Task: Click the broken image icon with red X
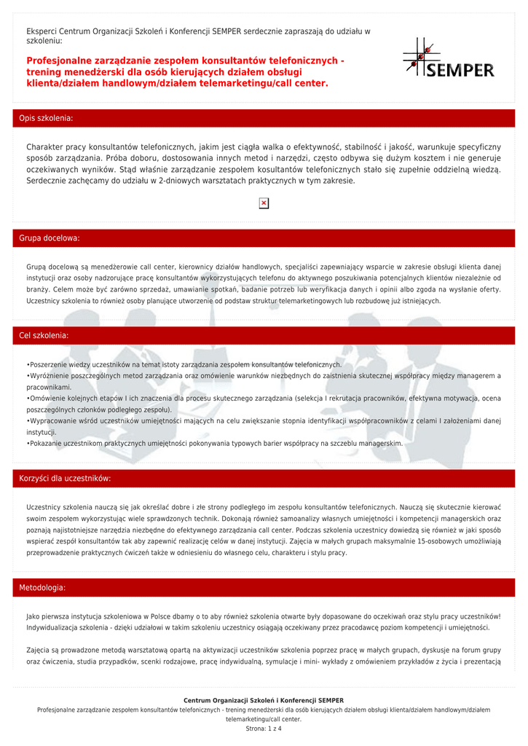click(x=264, y=203)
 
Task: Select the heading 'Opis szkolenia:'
click(x=46, y=118)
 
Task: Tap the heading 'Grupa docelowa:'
click(x=50, y=238)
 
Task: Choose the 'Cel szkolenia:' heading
click(x=44, y=335)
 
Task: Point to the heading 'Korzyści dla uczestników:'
click(x=65, y=479)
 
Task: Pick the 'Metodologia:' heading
click(x=42, y=587)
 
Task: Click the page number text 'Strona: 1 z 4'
click(x=264, y=729)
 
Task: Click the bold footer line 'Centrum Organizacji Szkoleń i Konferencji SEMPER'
click(x=264, y=701)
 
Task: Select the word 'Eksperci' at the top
click(x=42, y=31)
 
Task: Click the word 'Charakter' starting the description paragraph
click(x=47, y=147)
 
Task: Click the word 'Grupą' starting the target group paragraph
click(x=36, y=267)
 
